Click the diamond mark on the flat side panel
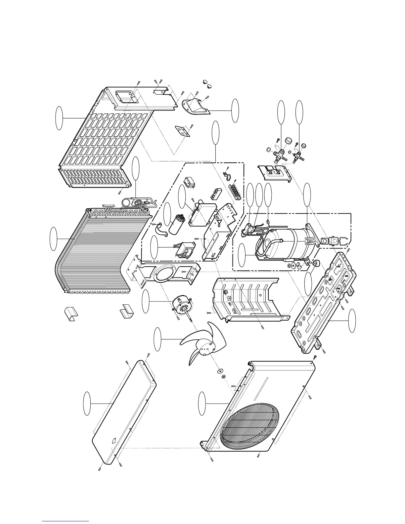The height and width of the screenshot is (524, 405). coord(113,440)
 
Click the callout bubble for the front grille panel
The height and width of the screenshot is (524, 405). coord(202,403)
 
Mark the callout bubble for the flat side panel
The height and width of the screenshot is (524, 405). coord(87,403)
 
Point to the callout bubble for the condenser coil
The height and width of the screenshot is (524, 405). coord(53,239)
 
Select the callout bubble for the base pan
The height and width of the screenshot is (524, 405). coord(353,321)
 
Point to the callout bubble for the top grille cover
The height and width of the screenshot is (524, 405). coord(59,118)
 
